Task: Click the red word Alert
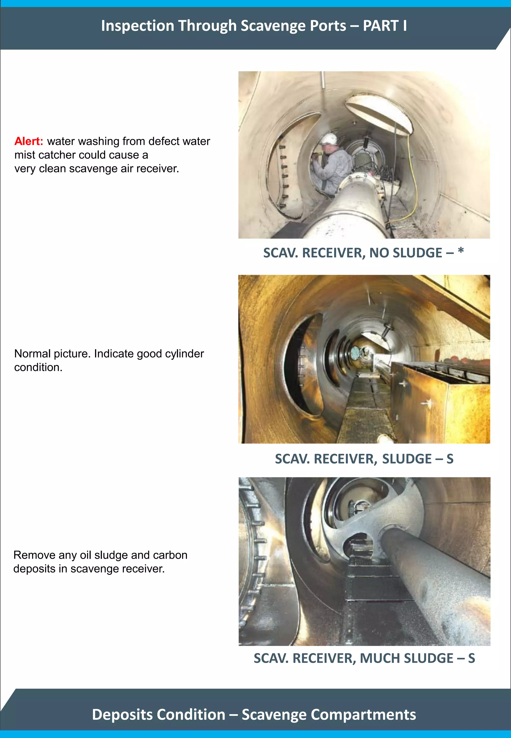tap(28, 141)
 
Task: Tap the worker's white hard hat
tap(329, 139)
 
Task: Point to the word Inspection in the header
tap(137, 26)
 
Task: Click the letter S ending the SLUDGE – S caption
tap(450, 459)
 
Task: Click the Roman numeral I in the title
tap(405, 26)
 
